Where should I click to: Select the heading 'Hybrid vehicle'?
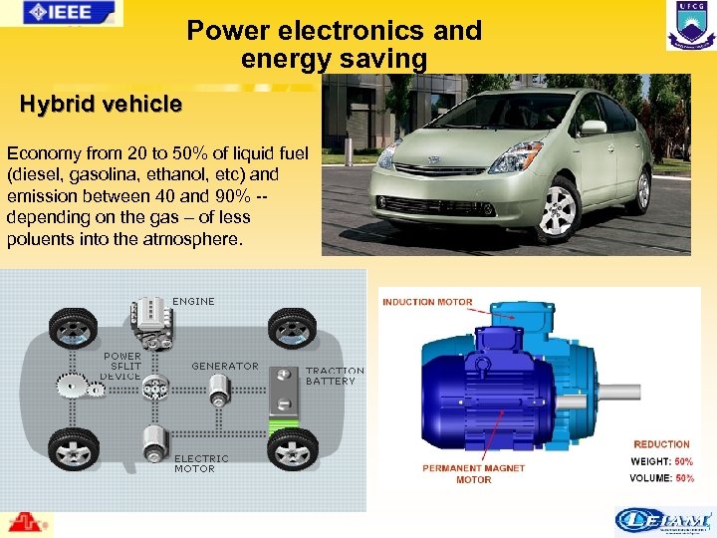101,104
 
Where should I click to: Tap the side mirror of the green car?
593,128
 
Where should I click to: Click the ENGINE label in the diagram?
193,301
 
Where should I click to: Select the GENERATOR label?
225,366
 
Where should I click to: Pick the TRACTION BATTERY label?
335,376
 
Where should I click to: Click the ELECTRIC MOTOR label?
201,463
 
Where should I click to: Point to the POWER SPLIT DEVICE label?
121,366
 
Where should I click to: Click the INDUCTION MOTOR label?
427,302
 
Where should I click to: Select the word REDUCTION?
661,444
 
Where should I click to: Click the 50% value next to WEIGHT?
683,461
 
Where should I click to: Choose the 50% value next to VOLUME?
684,478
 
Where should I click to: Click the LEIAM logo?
662,519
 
